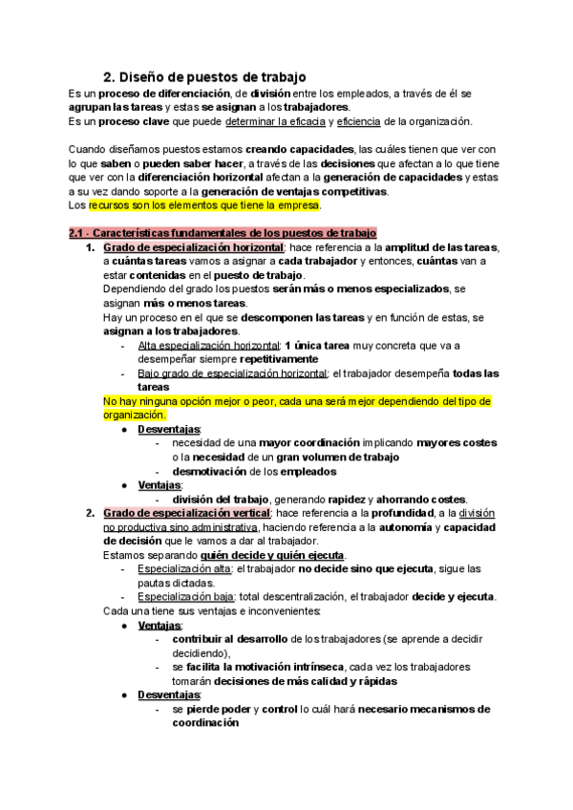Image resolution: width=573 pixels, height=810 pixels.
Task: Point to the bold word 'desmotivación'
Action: coord(209,471)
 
